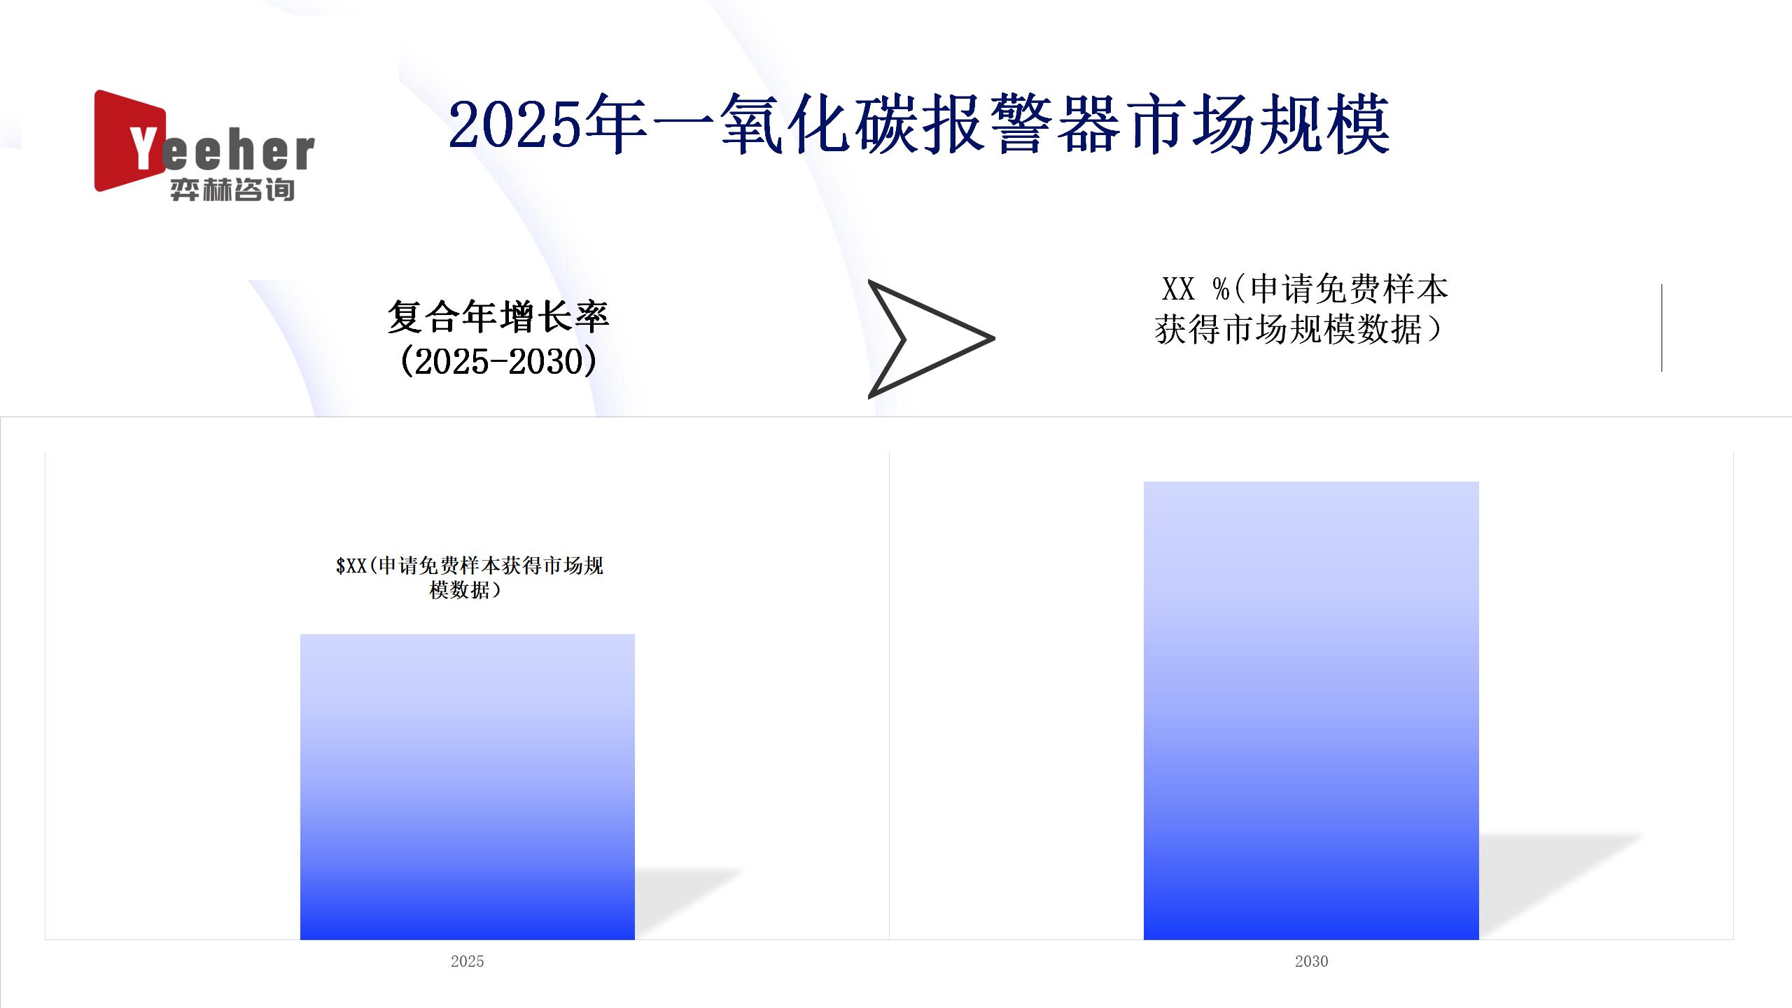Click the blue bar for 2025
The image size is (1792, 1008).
(468, 787)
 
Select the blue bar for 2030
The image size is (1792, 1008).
(1311, 710)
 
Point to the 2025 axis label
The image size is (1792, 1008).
(468, 961)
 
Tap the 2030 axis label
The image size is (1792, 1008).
(1311, 961)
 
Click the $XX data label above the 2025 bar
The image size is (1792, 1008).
(469, 577)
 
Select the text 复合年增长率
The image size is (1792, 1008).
(498, 317)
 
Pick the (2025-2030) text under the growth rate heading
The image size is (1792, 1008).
(498, 361)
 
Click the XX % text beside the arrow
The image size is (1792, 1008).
(1196, 288)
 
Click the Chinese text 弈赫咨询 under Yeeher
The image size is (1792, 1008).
(232, 190)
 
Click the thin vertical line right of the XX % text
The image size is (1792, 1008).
(1661, 328)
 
